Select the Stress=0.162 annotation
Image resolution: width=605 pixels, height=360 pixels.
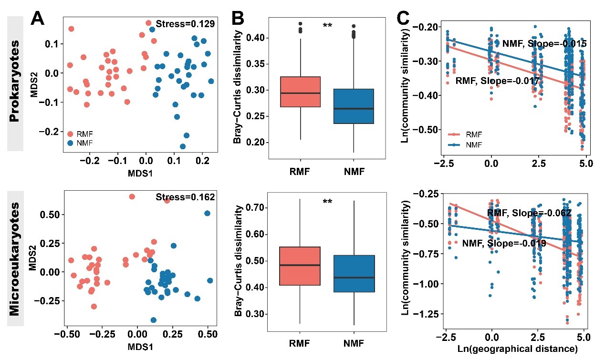[x=185, y=197]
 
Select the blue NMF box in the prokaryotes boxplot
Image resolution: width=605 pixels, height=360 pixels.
[x=353, y=106]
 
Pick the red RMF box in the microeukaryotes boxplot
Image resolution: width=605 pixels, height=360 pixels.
[x=300, y=266]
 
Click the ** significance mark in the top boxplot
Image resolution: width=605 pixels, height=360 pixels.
[x=327, y=26]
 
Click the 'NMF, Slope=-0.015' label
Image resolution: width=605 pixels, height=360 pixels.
[x=544, y=44]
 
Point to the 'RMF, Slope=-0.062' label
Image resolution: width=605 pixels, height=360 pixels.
[x=529, y=213]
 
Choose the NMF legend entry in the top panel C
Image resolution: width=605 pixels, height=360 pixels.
[x=472, y=144]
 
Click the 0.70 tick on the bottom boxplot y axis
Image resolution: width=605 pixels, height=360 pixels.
[x=255, y=207]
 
